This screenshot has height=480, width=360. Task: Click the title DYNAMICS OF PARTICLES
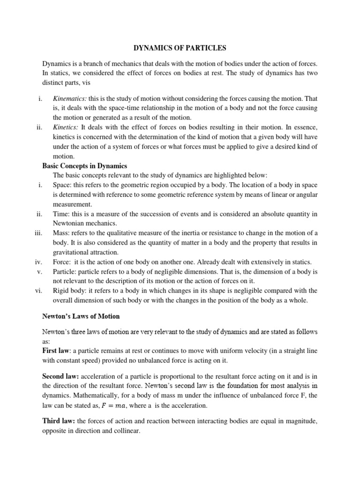[180, 48]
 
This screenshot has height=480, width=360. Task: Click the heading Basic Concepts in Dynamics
[85, 165]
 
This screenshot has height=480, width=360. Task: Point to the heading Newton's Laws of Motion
[81, 316]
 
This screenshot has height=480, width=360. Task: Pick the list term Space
[62, 185]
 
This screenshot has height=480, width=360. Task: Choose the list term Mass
[61, 233]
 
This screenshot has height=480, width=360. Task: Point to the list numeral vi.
[39, 291]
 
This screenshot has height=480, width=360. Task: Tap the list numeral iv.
[39, 262]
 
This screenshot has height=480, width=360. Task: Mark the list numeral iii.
[39, 233]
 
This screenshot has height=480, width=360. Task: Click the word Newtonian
[72, 223]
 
